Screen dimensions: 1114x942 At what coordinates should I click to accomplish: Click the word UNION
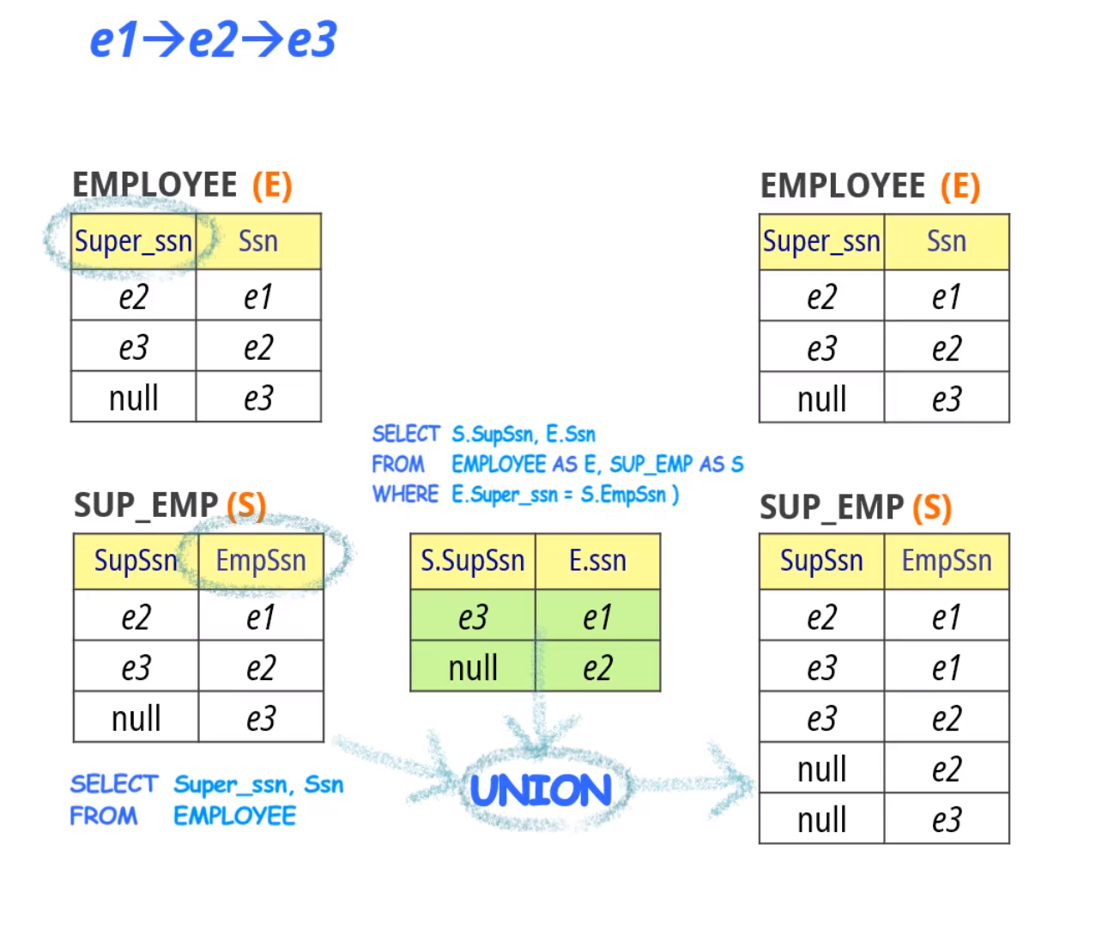(541, 791)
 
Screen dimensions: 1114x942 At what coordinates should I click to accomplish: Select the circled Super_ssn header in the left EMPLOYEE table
(133, 241)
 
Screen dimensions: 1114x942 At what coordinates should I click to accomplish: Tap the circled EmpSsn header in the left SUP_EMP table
(261, 561)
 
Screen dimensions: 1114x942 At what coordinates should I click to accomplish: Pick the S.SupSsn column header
(472, 561)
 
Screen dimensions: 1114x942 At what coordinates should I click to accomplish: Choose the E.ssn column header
(597, 561)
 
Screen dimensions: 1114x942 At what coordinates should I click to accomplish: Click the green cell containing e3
(473, 617)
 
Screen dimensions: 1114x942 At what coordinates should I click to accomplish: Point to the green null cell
(473, 667)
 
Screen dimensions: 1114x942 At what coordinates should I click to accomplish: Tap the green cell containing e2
(597, 667)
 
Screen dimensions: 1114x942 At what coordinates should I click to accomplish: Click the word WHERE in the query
(405, 495)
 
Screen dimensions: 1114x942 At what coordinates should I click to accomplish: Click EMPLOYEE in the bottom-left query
(234, 816)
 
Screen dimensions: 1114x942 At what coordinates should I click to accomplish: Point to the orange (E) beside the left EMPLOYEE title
(272, 185)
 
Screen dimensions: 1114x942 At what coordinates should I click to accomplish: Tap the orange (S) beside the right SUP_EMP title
(932, 507)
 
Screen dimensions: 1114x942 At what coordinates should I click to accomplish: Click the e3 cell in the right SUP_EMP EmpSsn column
(947, 819)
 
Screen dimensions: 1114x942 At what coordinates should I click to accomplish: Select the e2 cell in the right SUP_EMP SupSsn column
(821, 617)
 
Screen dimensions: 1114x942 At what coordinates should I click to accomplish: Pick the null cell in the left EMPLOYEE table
(134, 398)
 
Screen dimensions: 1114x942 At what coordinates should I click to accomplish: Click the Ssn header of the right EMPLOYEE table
(947, 241)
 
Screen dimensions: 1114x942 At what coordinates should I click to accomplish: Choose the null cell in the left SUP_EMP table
(136, 718)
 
